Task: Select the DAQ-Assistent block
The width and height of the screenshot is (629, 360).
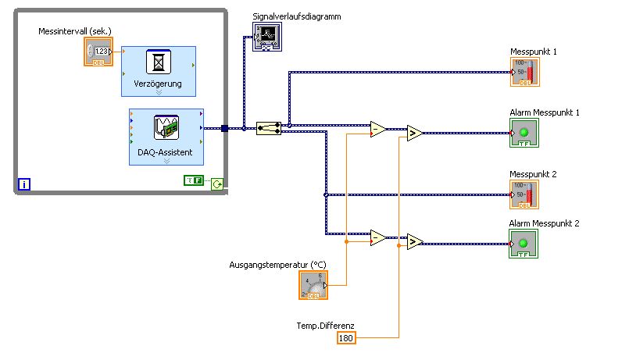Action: pos(166,137)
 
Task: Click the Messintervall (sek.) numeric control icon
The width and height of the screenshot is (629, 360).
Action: pos(98,52)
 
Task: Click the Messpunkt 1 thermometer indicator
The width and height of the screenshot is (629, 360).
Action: pos(525,72)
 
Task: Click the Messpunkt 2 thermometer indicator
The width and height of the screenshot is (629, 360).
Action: pos(525,194)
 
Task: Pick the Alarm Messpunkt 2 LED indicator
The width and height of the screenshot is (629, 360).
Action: pos(524,244)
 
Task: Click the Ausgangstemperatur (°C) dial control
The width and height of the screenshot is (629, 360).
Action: pos(314,285)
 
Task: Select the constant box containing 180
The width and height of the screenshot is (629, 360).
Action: pos(346,338)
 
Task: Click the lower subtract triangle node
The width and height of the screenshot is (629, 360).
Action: pos(377,237)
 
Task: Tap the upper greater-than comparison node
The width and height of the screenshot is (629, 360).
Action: pos(414,134)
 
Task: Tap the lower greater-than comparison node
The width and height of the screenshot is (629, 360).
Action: pos(414,241)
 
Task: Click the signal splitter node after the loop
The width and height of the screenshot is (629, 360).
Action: pos(270,128)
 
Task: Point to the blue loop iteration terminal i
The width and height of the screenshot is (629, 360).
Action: pos(25,185)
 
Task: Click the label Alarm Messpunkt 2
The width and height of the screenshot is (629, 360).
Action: pos(545,223)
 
